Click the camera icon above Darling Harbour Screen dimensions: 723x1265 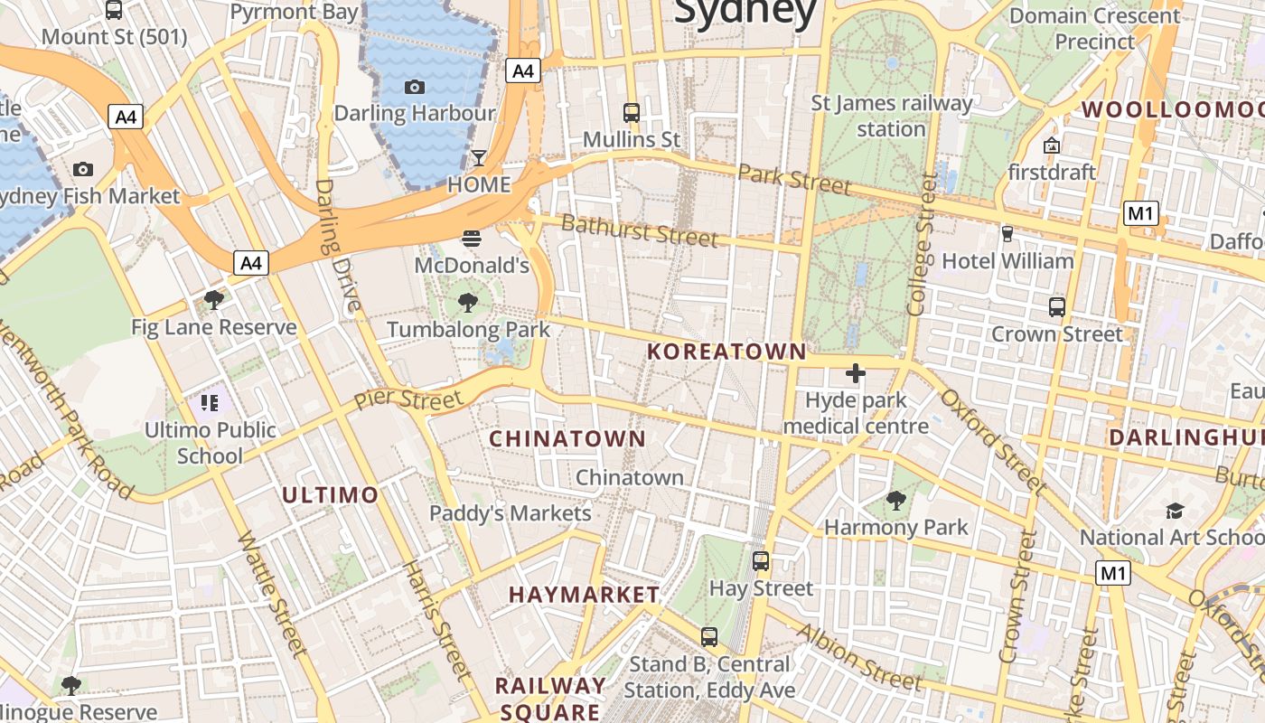click(x=415, y=87)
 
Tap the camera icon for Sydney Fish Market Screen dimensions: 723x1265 click(x=83, y=169)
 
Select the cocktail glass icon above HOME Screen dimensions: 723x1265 click(x=479, y=158)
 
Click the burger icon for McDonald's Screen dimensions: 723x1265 click(x=471, y=239)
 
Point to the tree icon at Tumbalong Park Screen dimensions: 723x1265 click(x=468, y=302)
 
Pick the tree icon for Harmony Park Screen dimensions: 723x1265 click(x=895, y=500)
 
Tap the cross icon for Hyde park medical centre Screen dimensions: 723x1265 click(x=855, y=372)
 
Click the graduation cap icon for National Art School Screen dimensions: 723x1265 click(x=1175, y=511)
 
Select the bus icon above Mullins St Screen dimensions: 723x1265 click(x=632, y=113)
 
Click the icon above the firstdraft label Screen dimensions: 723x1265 click(x=1052, y=145)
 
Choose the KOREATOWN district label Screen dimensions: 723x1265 click(x=726, y=352)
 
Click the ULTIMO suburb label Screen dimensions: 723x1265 click(x=330, y=494)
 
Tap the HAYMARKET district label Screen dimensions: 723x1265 click(x=584, y=594)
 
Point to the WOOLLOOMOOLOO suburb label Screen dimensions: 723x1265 click(x=1172, y=110)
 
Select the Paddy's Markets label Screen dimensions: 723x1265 click(x=510, y=513)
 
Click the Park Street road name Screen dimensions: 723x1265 click(x=794, y=179)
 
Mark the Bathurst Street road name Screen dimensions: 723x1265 click(x=640, y=230)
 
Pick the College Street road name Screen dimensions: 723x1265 click(x=923, y=246)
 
